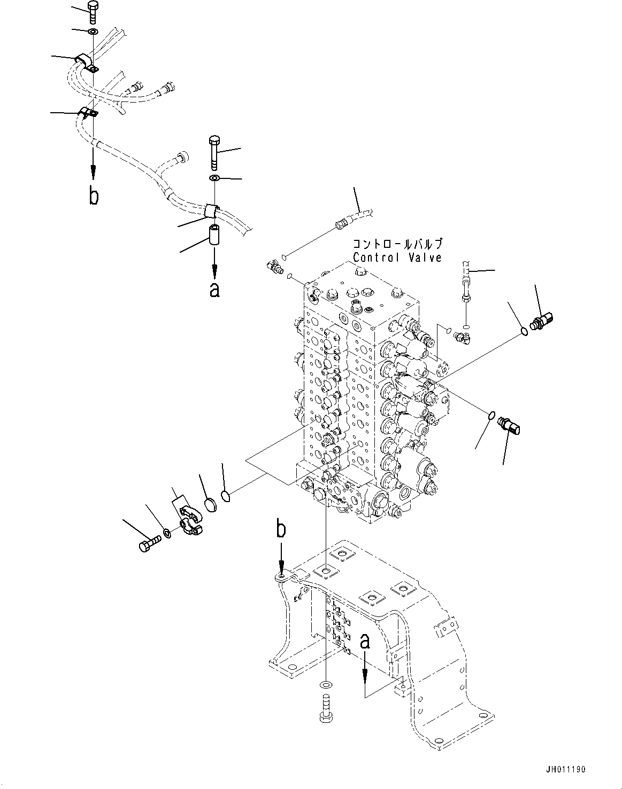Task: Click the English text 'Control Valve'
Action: (397, 257)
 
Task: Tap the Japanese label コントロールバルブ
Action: (397, 245)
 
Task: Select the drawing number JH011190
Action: (565, 769)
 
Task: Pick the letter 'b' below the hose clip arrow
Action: (94, 196)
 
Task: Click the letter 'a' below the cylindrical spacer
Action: (214, 290)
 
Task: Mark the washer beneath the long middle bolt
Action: (214, 178)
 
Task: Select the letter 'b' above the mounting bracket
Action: (280, 530)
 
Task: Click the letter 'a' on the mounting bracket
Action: (365, 642)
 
